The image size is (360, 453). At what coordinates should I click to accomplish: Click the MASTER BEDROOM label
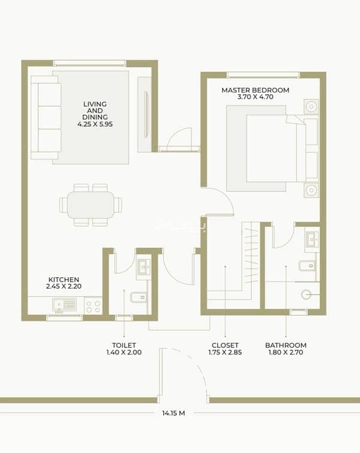256,90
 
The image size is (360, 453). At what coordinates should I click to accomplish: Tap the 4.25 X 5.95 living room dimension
95,124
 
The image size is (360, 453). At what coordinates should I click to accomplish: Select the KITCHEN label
64,280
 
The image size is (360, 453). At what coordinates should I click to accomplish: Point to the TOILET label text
124,345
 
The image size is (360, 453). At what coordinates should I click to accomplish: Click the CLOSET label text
225,345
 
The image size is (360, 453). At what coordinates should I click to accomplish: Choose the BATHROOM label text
286,345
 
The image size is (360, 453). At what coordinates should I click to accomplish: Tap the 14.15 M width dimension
173,413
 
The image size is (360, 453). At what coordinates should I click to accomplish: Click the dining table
91,205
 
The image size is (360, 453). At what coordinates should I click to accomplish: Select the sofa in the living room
46,118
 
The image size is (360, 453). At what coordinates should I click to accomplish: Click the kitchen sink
64,305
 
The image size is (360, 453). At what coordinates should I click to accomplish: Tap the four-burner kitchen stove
94,306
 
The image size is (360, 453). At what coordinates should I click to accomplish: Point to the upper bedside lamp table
311,107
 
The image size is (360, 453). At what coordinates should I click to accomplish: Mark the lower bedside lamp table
311,190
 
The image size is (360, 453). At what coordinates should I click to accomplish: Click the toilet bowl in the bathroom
307,266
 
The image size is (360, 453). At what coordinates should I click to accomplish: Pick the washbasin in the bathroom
312,239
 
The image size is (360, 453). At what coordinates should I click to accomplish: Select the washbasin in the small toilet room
143,266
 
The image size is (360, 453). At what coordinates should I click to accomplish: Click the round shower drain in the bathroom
306,295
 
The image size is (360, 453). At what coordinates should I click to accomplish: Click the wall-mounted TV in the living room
146,114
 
